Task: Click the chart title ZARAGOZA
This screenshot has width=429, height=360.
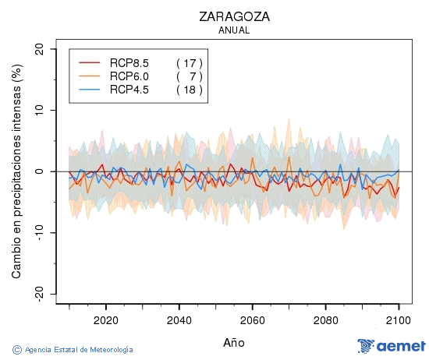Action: tap(234, 16)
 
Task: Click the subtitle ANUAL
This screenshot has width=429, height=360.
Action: tap(234, 30)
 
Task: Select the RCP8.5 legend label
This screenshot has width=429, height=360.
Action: tap(129, 62)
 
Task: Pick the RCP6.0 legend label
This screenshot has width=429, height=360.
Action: tap(129, 76)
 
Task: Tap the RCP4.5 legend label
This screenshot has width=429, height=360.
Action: tap(129, 90)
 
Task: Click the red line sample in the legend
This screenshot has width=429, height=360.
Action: tap(90, 62)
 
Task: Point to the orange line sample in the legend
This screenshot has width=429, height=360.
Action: tap(90, 76)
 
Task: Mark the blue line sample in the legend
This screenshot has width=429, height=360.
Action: tap(90, 90)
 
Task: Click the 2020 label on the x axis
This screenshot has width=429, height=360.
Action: tap(105, 319)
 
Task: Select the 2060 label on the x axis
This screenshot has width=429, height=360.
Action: tap(252, 319)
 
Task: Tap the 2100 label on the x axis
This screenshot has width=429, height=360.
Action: tap(399, 319)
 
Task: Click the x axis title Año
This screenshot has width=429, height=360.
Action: tap(234, 342)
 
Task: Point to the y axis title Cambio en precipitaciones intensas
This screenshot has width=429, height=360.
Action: tap(16, 171)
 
